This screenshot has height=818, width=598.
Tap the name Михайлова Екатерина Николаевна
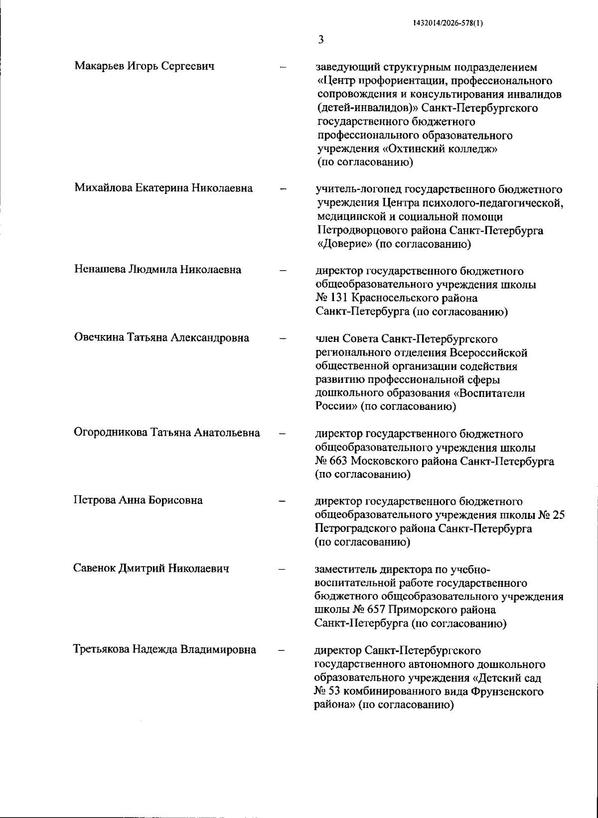coord(163,188)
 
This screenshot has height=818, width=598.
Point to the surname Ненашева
coord(100,270)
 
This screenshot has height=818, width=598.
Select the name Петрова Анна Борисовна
coord(138,500)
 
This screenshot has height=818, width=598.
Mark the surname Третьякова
coord(101,650)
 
